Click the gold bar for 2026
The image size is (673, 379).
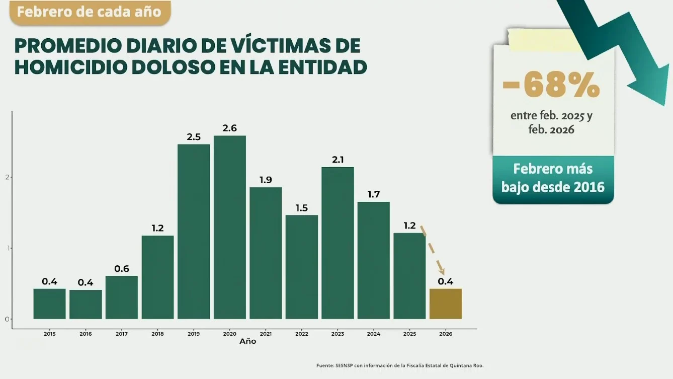point(445,304)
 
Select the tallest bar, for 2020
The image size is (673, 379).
point(229,227)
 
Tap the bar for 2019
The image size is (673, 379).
point(194,232)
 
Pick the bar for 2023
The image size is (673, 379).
point(338,243)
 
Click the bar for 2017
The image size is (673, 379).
point(122,297)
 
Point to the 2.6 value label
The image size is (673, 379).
point(229,128)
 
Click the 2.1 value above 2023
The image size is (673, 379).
point(338,160)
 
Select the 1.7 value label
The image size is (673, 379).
point(373,194)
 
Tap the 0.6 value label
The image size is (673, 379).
point(122,269)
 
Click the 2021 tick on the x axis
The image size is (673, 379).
point(266,334)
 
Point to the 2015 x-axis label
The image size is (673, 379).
point(49,334)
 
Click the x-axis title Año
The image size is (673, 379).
point(247,341)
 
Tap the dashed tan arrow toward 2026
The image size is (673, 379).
point(432,250)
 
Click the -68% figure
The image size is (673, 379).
point(551,85)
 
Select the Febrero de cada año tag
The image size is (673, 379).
point(90,12)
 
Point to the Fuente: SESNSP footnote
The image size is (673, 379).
point(399,365)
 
